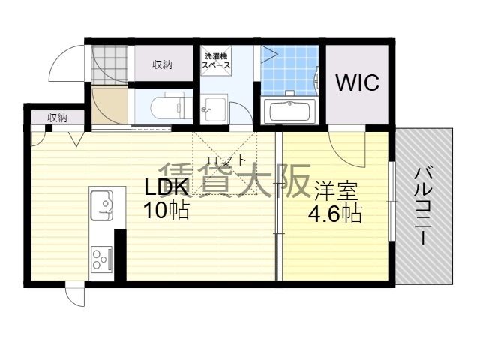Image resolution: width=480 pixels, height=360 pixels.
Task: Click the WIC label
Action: point(358,82)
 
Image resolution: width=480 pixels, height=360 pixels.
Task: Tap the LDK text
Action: point(166,187)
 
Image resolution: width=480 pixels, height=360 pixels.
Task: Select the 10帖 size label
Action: point(166,211)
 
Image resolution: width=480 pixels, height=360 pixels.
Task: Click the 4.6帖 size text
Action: point(335,214)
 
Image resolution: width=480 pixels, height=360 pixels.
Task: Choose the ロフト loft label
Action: point(226,160)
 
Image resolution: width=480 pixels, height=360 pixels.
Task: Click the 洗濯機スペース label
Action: point(217,61)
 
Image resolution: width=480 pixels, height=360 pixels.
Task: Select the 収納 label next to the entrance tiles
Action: point(163,64)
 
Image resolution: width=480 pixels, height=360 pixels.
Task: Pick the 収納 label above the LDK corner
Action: point(57,118)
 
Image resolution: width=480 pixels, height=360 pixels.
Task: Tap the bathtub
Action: point(290,111)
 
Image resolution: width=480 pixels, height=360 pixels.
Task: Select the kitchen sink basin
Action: point(102,205)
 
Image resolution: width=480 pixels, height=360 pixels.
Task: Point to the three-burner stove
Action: point(102,259)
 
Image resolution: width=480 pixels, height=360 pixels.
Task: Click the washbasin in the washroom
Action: point(215,109)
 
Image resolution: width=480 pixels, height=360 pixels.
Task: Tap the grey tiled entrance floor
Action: point(109,65)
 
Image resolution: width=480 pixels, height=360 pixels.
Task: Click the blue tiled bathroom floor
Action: point(289,70)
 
